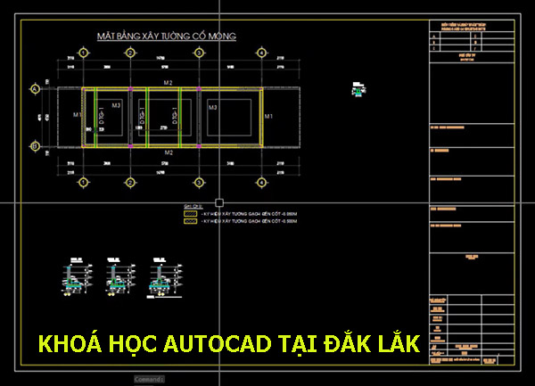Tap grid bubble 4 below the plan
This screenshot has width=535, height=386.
[x=261, y=183]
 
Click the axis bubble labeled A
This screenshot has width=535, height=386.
[x=36, y=89]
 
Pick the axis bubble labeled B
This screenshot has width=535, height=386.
[x=36, y=145]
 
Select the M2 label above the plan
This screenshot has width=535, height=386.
[x=168, y=82]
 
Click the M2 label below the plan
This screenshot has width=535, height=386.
[x=168, y=153]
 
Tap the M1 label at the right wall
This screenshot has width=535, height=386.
[x=268, y=117]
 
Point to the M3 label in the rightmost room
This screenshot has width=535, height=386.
[x=213, y=106]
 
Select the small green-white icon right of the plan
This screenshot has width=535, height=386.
[x=358, y=87]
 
